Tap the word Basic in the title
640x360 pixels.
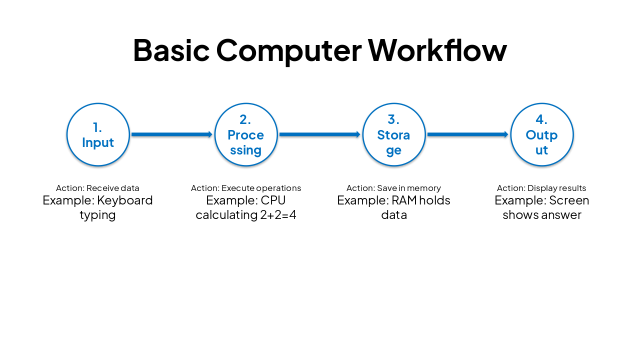point(171,50)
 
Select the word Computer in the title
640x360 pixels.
point(288,50)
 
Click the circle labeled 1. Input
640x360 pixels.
point(98,134)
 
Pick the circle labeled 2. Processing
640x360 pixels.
point(246,134)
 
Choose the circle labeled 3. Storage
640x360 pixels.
point(394,134)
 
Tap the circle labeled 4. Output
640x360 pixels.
point(541,134)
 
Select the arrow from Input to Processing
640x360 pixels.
point(172,134)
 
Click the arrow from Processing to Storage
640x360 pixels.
point(320,134)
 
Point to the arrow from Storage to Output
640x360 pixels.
point(468,134)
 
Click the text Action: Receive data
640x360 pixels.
point(97,188)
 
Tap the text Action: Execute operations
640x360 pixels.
point(246,188)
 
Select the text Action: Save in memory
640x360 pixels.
point(393,188)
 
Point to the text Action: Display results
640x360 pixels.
point(541,188)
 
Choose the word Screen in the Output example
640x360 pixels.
point(569,200)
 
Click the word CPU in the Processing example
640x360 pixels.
point(273,200)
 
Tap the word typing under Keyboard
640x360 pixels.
point(97,215)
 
